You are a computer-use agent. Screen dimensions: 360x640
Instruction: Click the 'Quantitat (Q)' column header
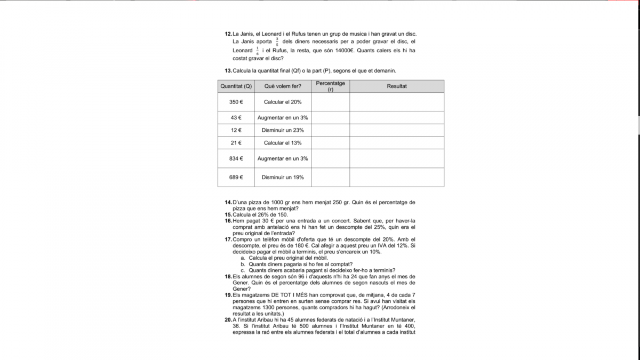pyautogui.click(x=236, y=86)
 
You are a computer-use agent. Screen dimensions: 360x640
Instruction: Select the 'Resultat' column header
pyautogui.click(x=397, y=86)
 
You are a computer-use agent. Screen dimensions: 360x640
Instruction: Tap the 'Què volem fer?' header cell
pyautogui.click(x=283, y=86)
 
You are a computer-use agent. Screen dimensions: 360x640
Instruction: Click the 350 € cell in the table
pyautogui.click(x=236, y=102)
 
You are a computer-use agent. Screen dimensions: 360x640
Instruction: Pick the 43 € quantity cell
pyautogui.click(x=236, y=118)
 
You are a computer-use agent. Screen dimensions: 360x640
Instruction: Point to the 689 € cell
pyautogui.click(x=236, y=178)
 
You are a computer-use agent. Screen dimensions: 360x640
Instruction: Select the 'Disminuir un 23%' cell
pyautogui.click(x=283, y=130)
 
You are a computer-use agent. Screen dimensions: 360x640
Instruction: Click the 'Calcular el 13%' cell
pyautogui.click(x=283, y=143)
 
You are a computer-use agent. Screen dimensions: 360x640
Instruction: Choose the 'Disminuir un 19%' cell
pyautogui.click(x=283, y=178)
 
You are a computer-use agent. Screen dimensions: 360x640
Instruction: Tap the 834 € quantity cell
pyautogui.click(x=236, y=158)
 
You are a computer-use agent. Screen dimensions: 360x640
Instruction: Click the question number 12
pyautogui.click(x=228, y=34)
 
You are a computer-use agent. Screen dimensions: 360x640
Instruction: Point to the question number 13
pyautogui.click(x=228, y=70)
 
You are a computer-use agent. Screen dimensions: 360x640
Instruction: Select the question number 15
pyautogui.click(x=228, y=214)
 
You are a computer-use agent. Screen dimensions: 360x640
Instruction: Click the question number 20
pyautogui.click(x=228, y=320)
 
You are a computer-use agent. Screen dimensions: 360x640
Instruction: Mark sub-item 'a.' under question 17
pyautogui.click(x=243, y=258)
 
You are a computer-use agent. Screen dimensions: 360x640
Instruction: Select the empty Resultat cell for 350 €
pyautogui.click(x=397, y=102)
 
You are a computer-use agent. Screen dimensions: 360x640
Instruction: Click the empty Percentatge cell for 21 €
pyautogui.click(x=330, y=143)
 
